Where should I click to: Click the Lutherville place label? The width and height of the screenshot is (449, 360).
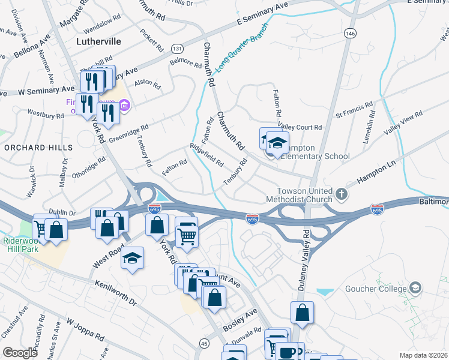point(99,41)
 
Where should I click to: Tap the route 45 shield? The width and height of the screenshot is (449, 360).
point(204,343)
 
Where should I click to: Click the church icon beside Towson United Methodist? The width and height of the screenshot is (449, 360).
point(342,194)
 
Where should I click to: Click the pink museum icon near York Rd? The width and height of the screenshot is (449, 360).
point(125,106)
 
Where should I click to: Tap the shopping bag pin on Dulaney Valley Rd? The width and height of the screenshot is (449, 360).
point(302,313)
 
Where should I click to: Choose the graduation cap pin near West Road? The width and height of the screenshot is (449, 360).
point(132,259)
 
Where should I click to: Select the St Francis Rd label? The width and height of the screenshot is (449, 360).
point(355,112)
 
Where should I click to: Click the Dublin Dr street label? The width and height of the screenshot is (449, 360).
point(62,213)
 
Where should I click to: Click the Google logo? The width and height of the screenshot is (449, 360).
point(20,353)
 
